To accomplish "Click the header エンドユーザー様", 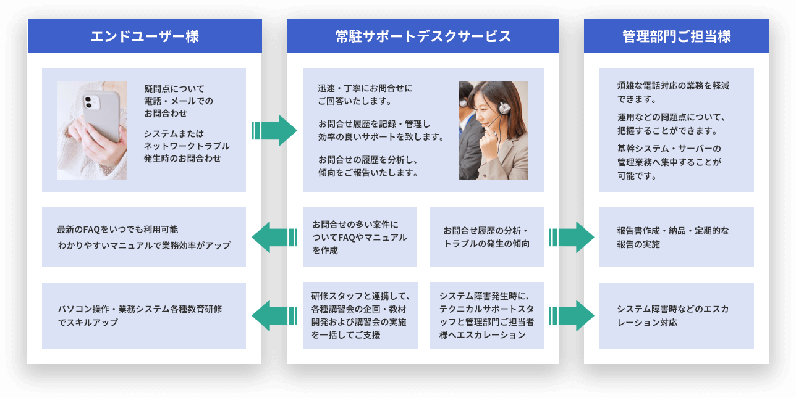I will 145,36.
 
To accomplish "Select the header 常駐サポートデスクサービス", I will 423,36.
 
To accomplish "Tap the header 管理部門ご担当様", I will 676,36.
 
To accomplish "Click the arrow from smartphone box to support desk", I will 274,130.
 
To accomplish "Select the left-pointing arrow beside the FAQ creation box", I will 274,237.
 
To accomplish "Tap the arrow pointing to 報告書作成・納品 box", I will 571,237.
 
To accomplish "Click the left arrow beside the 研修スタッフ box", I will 274,315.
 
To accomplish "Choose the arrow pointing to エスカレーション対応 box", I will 571,315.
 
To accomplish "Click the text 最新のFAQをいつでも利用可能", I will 117,230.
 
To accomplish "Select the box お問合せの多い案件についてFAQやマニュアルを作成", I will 360,237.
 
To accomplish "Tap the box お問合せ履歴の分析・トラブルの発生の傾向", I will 486,237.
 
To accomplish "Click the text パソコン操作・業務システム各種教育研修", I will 140,309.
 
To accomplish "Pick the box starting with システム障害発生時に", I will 486,315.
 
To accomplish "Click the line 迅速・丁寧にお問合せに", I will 365,88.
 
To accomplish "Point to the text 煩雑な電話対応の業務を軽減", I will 673,86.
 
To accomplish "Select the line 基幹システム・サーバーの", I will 669,149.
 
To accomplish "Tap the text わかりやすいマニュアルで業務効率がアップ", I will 143,246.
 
